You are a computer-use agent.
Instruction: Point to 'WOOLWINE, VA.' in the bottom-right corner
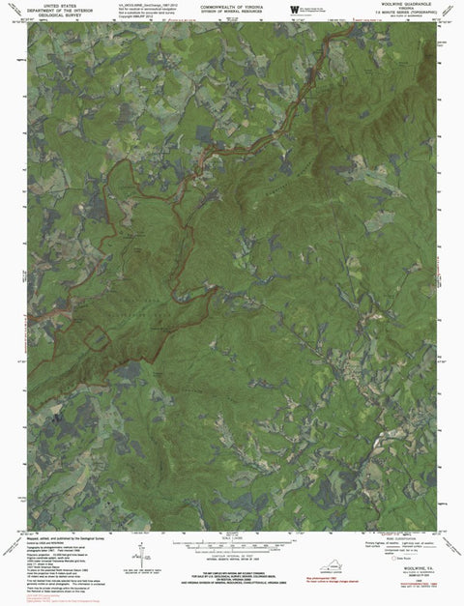424,569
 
